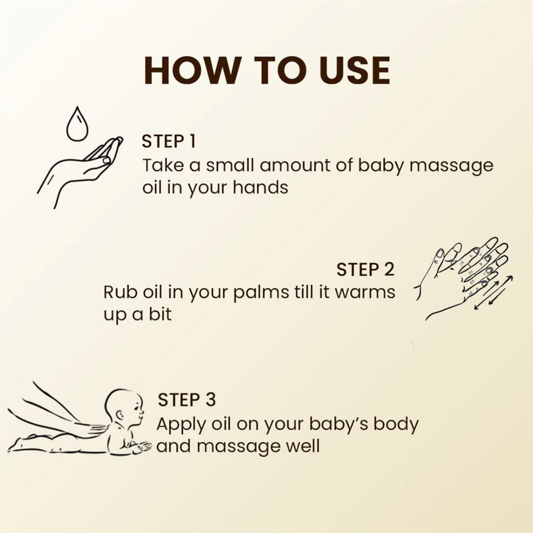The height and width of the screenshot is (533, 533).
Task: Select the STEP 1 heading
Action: coord(169,141)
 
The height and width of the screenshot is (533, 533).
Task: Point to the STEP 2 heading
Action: coord(365,269)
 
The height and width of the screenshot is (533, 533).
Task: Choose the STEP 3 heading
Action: coord(187,400)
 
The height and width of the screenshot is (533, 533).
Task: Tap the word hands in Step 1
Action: coord(260,187)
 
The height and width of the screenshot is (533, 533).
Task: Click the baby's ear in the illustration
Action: coord(120,414)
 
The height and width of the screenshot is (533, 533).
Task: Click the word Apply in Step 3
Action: coord(181,424)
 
